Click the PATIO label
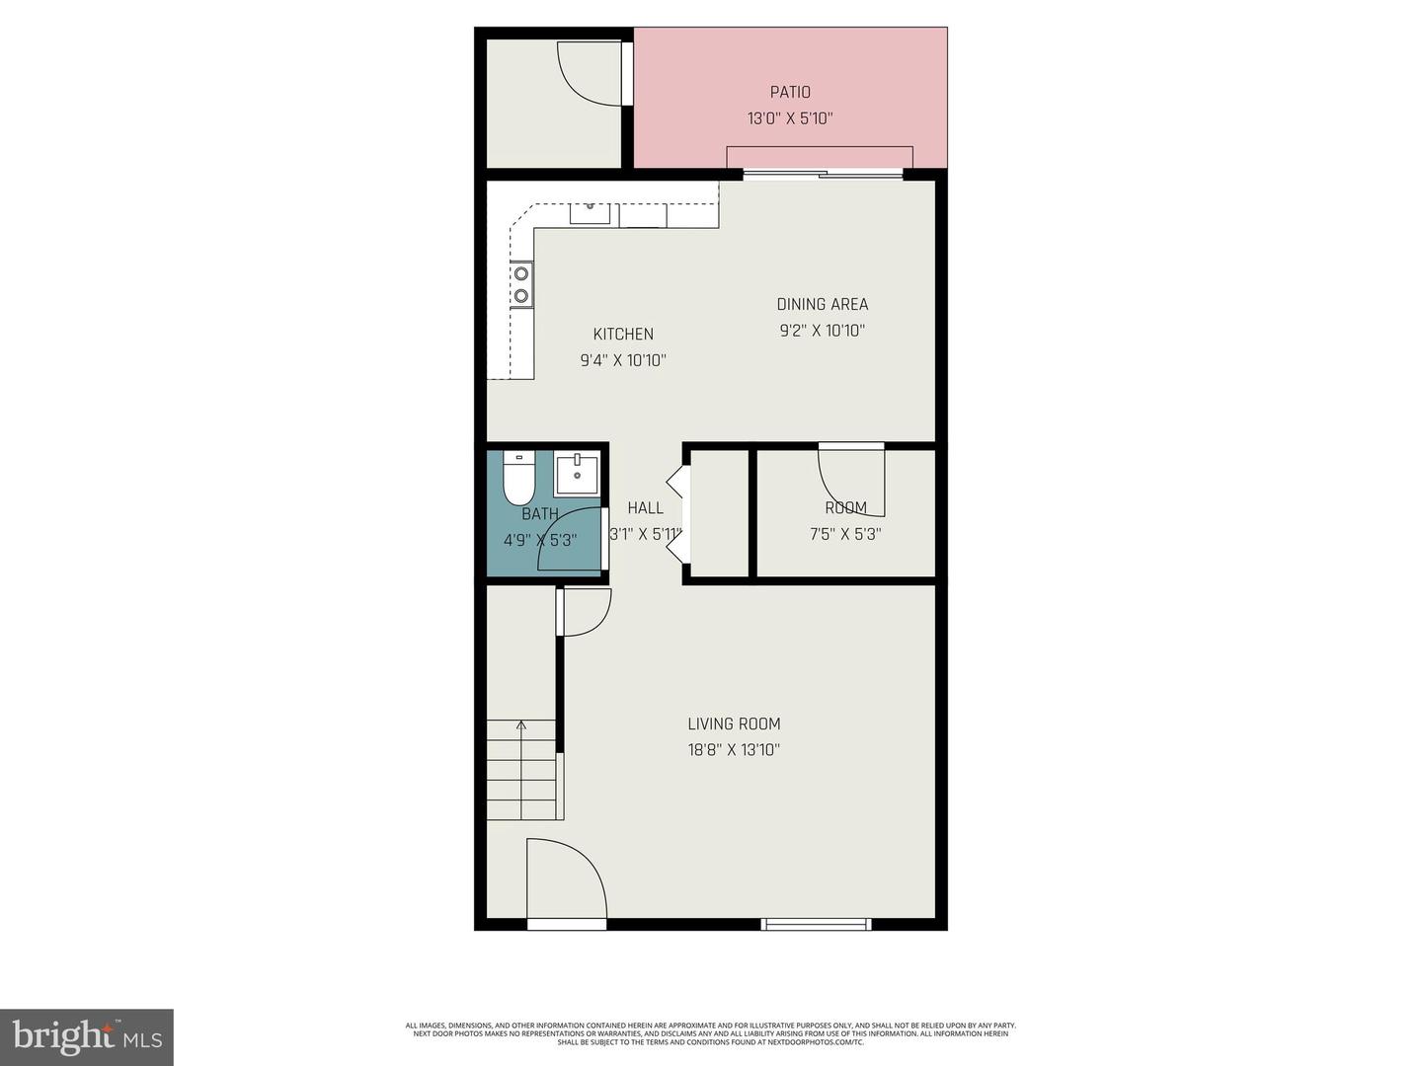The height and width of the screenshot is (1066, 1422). pos(790,92)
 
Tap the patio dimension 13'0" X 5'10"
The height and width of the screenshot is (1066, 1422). pos(790,118)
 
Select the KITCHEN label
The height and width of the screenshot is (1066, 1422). pos(623,334)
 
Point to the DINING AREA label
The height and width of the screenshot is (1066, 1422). pos(823,304)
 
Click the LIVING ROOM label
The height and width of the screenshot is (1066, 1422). pos(734,723)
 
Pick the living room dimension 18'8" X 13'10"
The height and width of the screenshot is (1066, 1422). pos(734,749)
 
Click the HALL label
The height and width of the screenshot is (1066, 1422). pos(646,507)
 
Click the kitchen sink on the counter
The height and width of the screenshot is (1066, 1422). pos(590,212)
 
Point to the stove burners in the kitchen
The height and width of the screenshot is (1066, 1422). pos(520,283)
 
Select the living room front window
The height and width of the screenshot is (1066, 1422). pos(816,924)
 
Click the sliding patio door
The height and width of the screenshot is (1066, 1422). pos(823,175)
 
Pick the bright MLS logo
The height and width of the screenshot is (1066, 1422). pos(87,1036)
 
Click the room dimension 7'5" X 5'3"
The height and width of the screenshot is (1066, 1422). pos(845,534)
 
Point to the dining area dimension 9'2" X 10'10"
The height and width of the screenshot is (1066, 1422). pos(823,331)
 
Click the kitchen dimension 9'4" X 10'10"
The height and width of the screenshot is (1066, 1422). pos(623,360)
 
